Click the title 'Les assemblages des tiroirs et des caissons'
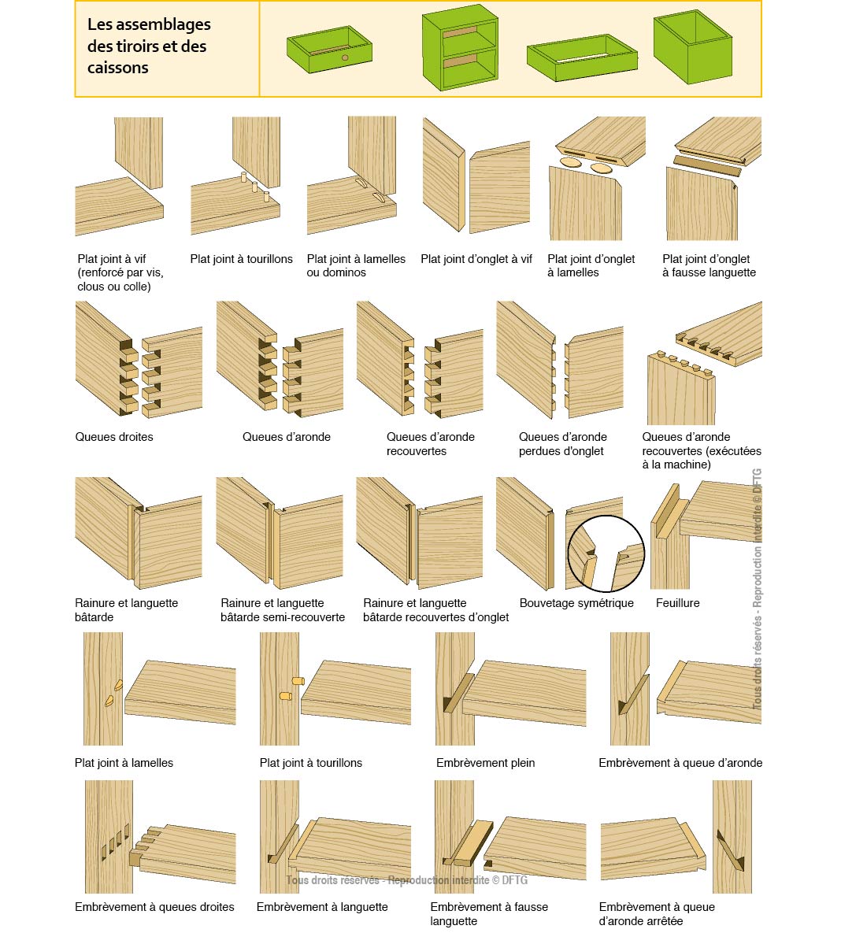149,46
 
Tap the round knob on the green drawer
344,58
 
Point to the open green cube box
692,47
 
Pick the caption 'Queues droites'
114,437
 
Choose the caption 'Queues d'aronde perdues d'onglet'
562,444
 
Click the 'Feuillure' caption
677,603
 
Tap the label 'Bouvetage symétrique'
576,603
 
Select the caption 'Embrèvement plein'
485,763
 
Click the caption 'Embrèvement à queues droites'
154,907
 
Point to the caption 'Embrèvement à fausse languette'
489,914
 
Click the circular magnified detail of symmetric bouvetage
606,553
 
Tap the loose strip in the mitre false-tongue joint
707,165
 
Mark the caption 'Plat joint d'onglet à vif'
476,259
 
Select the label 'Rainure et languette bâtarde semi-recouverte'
283,610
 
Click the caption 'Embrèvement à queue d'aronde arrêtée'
657,914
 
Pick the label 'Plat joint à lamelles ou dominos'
356,265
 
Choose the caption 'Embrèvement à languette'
322,907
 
